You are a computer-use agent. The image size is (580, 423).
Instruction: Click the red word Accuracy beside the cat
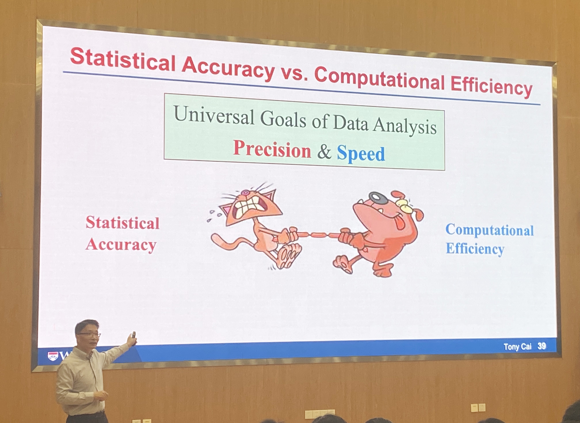point(121,245)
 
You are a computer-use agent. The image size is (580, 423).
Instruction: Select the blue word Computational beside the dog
point(489,230)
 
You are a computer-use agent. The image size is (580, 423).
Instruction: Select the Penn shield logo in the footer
point(53,356)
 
